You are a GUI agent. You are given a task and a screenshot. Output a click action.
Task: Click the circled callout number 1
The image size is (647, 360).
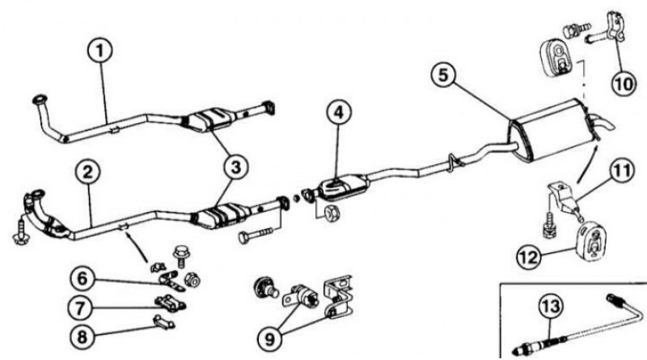click(99, 51)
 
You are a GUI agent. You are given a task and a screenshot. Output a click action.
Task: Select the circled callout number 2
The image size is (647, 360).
click(88, 172)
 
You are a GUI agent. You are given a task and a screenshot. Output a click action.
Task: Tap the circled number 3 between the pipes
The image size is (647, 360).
click(235, 167)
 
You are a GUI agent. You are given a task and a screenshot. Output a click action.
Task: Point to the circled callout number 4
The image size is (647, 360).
click(338, 113)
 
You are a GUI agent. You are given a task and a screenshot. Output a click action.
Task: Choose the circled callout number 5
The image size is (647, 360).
click(443, 75)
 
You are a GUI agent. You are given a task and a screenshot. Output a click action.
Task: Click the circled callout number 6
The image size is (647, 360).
click(83, 278)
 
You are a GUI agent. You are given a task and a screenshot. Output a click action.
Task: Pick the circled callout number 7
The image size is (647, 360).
click(82, 307)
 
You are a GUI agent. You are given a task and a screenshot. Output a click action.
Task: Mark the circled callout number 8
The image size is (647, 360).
click(83, 337)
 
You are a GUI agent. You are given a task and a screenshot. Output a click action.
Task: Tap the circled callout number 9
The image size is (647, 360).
click(270, 339)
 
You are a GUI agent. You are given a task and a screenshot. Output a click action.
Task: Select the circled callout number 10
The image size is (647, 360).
click(624, 84)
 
